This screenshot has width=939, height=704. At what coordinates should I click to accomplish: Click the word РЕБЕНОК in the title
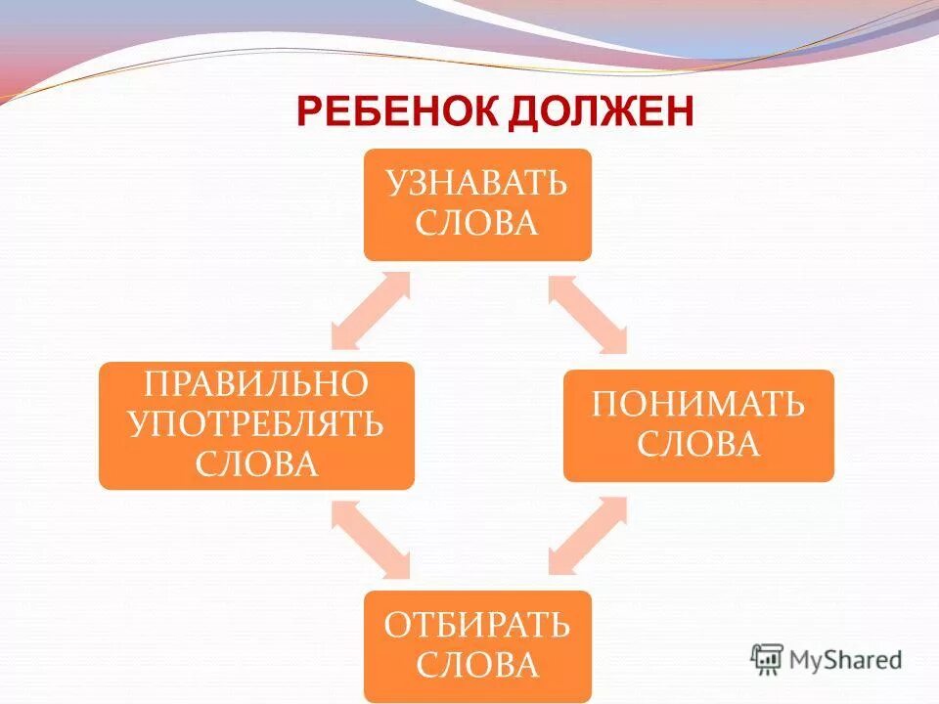(x=399, y=112)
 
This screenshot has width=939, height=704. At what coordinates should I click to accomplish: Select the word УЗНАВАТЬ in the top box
(x=476, y=183)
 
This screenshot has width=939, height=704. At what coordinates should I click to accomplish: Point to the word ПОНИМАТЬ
(x=698, y=404)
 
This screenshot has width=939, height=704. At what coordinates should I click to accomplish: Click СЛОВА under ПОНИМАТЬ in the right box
(x=698, y=444)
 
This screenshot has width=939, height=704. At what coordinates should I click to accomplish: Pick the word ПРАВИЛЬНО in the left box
(x=256, y=382)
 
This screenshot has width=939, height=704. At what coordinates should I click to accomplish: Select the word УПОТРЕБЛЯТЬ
(x=256, y=423)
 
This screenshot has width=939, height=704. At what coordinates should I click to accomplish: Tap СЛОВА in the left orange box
(x=256, y=462)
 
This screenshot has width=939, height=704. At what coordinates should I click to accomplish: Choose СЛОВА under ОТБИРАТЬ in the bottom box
(x=476, y=665)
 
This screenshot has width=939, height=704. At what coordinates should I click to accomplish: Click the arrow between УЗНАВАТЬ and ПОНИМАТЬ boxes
(x=588, y=314)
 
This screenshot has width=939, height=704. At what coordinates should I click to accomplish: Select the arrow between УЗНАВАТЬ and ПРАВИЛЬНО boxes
(x=371, y=311)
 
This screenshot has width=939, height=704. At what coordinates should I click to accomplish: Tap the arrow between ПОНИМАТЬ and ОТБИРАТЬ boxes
(x=588, y=535)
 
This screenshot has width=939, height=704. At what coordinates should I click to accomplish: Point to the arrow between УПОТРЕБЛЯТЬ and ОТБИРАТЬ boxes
(x=371, y=537)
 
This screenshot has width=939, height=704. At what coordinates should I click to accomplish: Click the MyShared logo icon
(x=767, y=659)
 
